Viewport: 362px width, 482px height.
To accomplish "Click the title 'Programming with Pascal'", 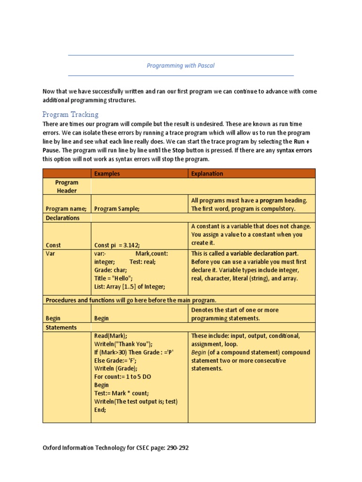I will (181, 65).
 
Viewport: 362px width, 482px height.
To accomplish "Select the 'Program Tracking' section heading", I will (70, 114).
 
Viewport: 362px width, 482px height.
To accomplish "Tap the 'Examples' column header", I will (107, 173).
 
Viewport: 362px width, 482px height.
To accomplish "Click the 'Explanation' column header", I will (207, 173).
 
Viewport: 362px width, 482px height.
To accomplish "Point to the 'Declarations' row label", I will (63, 218).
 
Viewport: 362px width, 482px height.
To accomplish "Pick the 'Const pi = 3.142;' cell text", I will (117, 245).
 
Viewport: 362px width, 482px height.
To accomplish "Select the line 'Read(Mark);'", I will (111, 336).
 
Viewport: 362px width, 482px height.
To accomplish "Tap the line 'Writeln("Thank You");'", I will (123, 344).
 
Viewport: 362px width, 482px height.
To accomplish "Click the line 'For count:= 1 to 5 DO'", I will (123, 377).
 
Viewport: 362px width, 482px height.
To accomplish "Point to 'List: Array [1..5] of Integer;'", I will (130, 286).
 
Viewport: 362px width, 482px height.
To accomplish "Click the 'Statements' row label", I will (61, 327).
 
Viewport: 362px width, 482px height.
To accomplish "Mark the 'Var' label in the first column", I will (50, 253).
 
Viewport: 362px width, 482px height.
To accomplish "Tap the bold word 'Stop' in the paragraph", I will (178, 151).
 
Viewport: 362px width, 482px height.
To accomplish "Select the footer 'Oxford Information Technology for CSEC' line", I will (115, 448).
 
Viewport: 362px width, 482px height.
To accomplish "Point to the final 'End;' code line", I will (100, 410).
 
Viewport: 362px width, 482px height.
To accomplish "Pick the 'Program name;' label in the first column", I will (66, 209).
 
